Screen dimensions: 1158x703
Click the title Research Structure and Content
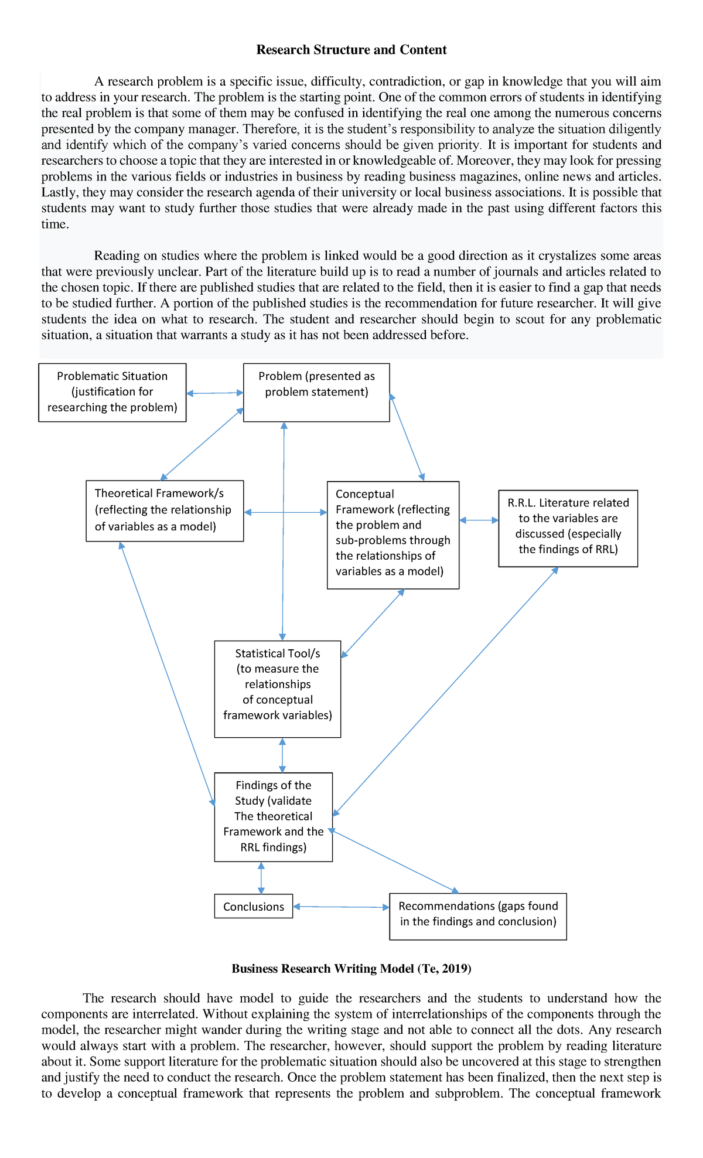(x=351, y=50)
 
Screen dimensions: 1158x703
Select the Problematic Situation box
(x=112, y=392)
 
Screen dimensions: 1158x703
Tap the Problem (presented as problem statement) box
(x=316, y=392)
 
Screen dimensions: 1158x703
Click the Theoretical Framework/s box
(x=164, y=510)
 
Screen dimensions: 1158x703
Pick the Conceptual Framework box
(x=393, y=534)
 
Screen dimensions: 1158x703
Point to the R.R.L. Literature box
(x=568, y=528)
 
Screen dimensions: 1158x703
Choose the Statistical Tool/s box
(x=277, y=689)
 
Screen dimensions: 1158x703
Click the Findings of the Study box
(x=273, y=816)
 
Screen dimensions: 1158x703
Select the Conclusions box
(x=253, y=907)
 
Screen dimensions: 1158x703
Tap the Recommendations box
(x=477, y=916)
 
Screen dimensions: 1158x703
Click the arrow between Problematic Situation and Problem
(x=214, y=393)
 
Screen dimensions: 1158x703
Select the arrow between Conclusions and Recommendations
(x=341, y=907)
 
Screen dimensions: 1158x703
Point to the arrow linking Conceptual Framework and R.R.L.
(x=479, y=520)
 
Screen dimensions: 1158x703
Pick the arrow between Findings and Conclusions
(x=261, y=877)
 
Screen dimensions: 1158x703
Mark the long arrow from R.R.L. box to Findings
(x=445, y=692)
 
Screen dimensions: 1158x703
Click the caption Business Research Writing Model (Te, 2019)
(x=351, y=969)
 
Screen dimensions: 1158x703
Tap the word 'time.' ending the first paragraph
(x=55, y=224)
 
